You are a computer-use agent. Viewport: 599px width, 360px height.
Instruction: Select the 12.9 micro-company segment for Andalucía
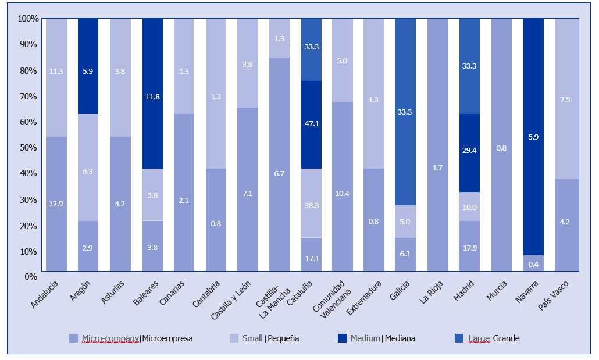point(56,203)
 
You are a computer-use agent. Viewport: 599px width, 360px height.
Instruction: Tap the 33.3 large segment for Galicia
point(405,112)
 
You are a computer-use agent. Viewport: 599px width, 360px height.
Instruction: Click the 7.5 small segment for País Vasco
point(565,99)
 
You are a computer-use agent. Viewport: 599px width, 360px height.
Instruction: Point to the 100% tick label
point(28,19)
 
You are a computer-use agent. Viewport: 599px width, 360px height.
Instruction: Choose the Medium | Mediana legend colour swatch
point(341,338)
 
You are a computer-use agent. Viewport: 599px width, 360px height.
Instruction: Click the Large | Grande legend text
point(494,338)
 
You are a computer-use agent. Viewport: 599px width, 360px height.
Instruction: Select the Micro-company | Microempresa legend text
point(137,338)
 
